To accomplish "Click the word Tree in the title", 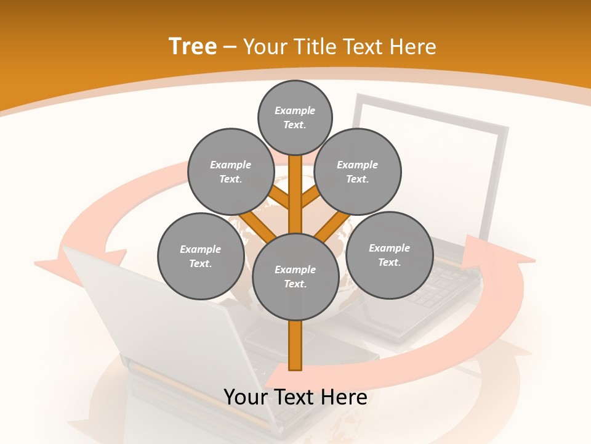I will click(193, 46).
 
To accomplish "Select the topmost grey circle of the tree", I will click(295, 117).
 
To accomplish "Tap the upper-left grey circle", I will click(231, 171).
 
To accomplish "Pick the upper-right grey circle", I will click(358, 171).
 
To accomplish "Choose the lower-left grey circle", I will click(201, 256).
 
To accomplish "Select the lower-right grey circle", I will click(389, 255).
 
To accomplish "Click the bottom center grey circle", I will click(295, 276).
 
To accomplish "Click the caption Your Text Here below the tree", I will click(295, 397).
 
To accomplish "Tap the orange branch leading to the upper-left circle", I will click(278, 197).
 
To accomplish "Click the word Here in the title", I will click(413, 47).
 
